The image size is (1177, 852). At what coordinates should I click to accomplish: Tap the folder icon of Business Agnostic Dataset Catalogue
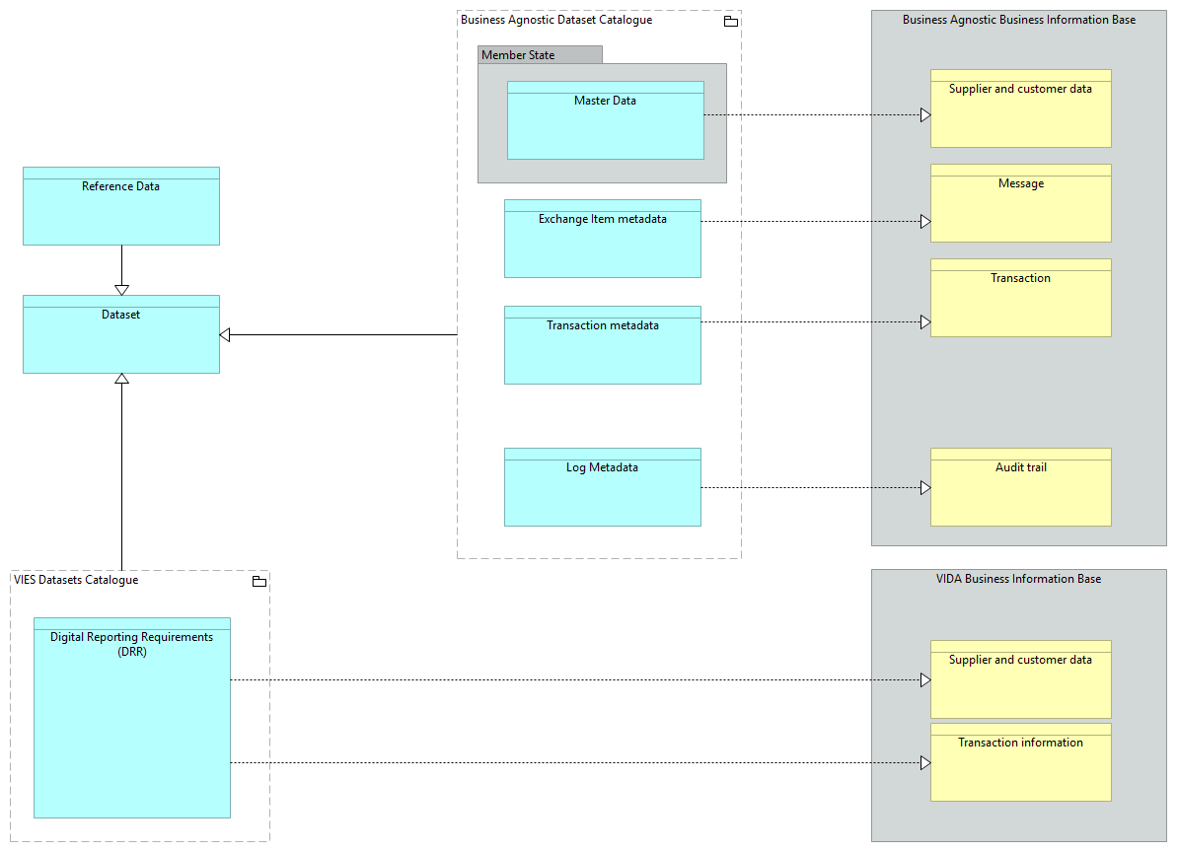[x=730, y=22]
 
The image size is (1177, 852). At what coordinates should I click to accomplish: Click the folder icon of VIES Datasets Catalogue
[x=258, y=582]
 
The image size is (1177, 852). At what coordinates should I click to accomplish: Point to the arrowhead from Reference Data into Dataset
[x=121, y=289]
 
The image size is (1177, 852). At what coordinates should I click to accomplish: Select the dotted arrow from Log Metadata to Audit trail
[x=814, y=487]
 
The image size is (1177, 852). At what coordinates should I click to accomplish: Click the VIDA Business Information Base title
[x=1018, y=579]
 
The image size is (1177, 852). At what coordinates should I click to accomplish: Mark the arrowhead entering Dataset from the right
[x=225, y=335]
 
